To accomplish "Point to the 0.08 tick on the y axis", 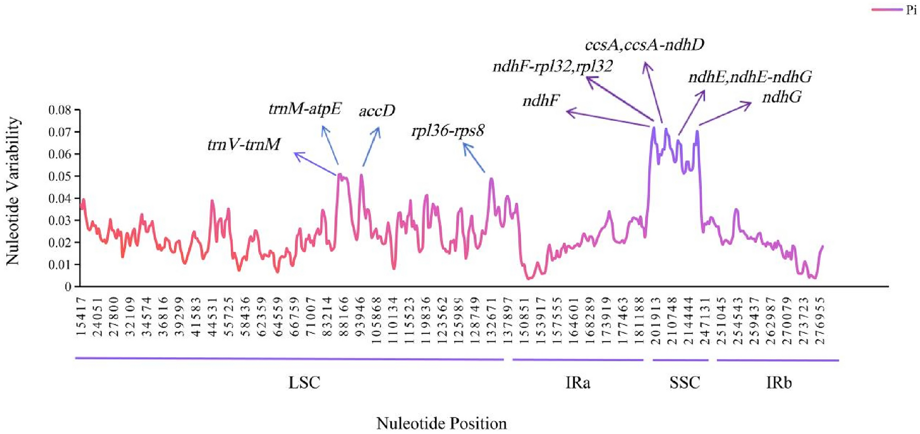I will [x=60, y=110].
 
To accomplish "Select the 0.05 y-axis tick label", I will [x=60, y=177].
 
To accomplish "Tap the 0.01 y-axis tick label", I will [x=60, y=265].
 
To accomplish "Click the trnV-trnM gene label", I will [x=244, y=144].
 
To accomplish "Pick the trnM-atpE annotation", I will [x=305, y=108].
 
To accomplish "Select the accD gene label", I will [x=377, y=111].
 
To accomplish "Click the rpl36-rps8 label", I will [x=448, y=130].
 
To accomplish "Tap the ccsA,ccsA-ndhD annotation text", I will [x=645, y=45].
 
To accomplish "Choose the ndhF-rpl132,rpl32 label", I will [x=553, y=66].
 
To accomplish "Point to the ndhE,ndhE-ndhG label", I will [x=750, y=77].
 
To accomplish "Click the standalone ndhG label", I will [x=782, y=97].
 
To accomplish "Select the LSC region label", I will [x=304, y=383].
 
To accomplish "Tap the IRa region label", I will [x=577, y=383].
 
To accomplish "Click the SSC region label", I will [x=685, y=383].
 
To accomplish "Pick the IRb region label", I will [x=779, y=383].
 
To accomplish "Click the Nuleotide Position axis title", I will [x=441, y=423].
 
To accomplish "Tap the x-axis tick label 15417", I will [x=81, y=316].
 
